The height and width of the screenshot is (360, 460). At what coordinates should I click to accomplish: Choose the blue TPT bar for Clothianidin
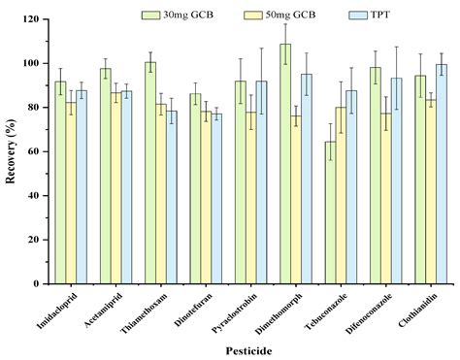[x=442, y=174]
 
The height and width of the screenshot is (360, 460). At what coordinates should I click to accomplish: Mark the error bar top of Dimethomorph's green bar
[x=285, y=24]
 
